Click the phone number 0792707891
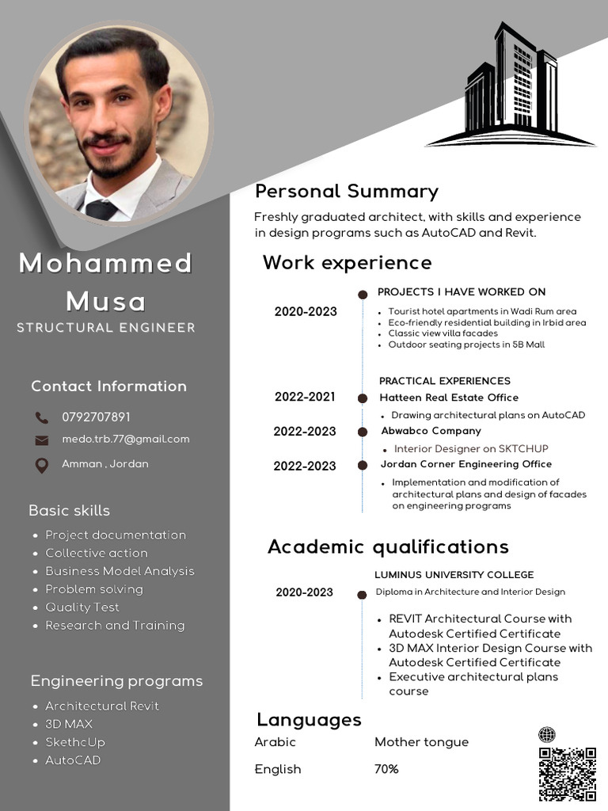coord(96,417)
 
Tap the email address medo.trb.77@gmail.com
coord(126,439)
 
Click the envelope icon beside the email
coord(42,440)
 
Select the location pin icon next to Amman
coord(42,466)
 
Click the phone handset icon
coord(42,417)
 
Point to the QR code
coord(567,774)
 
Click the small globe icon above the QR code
coord(546,735)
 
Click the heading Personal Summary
coord(346,192)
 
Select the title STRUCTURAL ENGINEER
coord(106,328)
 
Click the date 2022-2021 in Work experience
coord(305,397)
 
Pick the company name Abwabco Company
coord(431,431)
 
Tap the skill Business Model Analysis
coord(120,571)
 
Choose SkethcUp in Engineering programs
coord(75,742)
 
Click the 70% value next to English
coord(386,769)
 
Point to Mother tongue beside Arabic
coord(421,742)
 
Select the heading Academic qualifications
coord(388,546)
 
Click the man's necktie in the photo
coord(101,210)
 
